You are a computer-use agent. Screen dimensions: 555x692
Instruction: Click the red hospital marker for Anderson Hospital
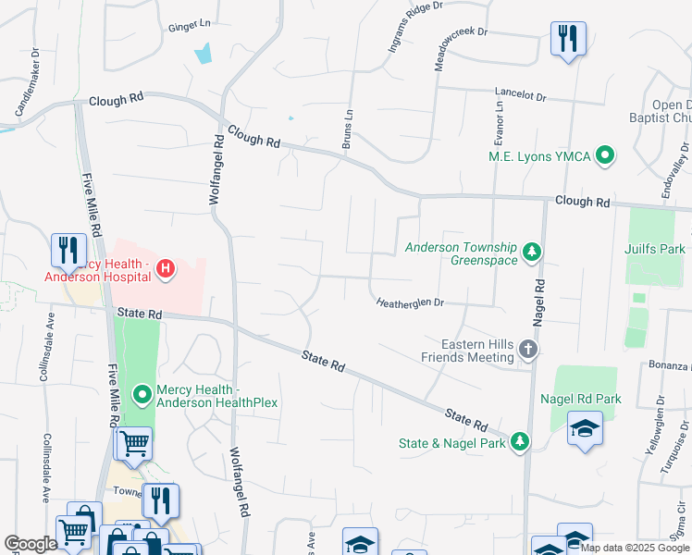click(x=165, y=269)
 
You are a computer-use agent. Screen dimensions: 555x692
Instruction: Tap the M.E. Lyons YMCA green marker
click(x=606, y=155)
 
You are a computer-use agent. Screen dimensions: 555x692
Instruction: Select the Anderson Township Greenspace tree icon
click(x=532, y=252)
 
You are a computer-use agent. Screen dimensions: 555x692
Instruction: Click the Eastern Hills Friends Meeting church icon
click(x=527, y=349)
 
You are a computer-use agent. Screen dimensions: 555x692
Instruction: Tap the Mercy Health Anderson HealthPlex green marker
click(x=142, y=395)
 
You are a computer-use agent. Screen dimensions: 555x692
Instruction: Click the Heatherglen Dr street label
click(x=411, y=302)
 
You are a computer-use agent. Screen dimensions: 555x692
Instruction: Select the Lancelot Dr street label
click(x=521, y=95)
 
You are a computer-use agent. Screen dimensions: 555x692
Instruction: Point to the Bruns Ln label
click(x=348, y=129)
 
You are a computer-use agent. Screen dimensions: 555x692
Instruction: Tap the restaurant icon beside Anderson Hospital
click(x=68, y=250)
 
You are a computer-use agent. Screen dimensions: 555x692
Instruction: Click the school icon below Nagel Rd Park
click(x=584, y=429)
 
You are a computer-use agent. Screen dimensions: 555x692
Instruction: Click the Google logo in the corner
click(x=31, y=544)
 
